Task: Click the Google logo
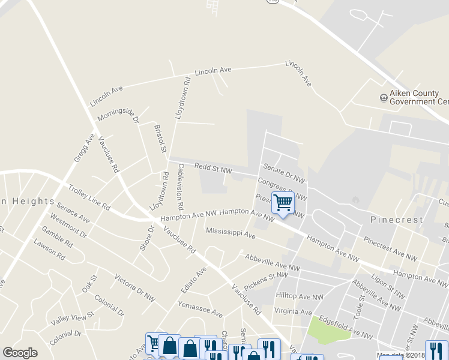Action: pos(20,353)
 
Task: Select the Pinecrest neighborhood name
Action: pos(397,220)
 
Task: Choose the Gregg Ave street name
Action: pos(85,148)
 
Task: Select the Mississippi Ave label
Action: pos(231,233)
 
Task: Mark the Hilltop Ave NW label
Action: pos(300,296)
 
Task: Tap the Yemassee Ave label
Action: pos(200,310)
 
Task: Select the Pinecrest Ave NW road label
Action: pos(390,248)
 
